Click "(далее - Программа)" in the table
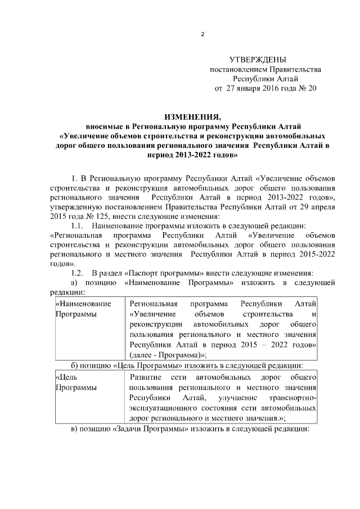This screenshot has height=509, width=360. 166,354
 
